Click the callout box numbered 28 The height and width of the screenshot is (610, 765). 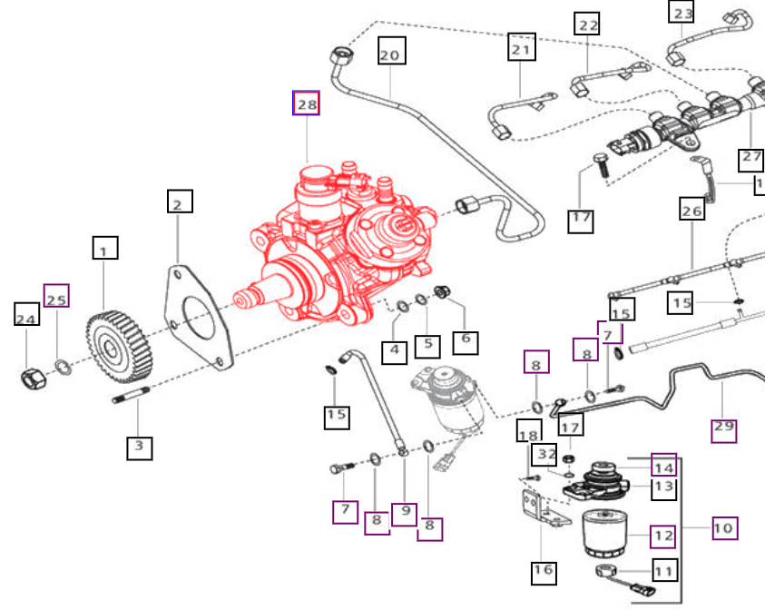[x=306, y=103]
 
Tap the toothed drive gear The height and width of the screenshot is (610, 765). [x=119, y=347]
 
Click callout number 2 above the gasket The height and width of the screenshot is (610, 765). [x=180, y=201]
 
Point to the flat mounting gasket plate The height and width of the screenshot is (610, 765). [x=198, y=317]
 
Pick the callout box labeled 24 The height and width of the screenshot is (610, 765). [x=26, y=314]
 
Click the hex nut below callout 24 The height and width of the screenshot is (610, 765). [x=34, y=379]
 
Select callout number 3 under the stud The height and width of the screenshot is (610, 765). [x=139, y=448]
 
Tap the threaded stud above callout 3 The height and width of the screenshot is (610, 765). [x=132, y=395]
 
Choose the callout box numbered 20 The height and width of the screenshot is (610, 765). [x=392, y=50]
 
